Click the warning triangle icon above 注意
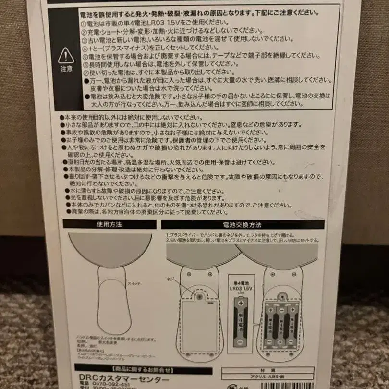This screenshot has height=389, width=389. click(x=66, y=56)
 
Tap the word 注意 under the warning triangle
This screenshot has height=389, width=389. click(x=66, y=69)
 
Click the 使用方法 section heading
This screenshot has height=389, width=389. click(x=110, y=224)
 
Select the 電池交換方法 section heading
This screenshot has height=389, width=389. click(x=243, y=224)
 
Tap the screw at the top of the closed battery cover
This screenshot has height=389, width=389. click(x=198, y=297)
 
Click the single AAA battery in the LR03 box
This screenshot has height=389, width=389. click(x=239, y=322)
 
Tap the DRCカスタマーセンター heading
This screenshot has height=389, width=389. click(x=122, y=378)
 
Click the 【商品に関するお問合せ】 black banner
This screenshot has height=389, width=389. click(x=143, y=370)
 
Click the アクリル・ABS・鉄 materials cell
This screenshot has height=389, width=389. click(x=267, y=377)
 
